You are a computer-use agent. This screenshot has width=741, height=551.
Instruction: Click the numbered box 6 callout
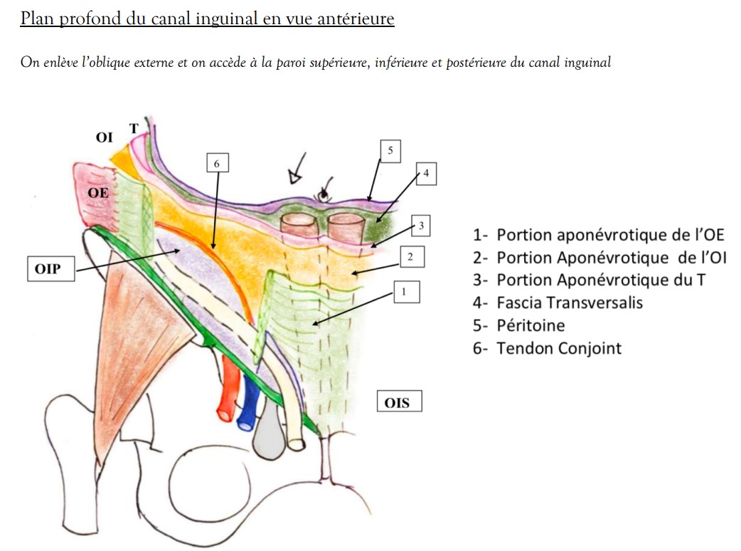[217, 163]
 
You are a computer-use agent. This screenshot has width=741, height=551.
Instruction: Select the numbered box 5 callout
[390, 150]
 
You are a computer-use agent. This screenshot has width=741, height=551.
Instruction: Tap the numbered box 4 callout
[425, 173]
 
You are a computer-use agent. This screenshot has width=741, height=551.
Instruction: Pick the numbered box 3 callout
[421, 226]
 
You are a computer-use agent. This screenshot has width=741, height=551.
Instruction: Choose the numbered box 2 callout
[411, 256]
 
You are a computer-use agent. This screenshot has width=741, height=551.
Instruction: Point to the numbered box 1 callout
[405, 291]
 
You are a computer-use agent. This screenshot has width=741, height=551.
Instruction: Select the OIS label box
[398, 402]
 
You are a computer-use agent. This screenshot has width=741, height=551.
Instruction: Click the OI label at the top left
[104, 137]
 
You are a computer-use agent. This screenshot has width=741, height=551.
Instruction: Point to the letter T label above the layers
[133, 128]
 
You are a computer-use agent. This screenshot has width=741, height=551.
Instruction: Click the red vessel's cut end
[225, 412]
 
